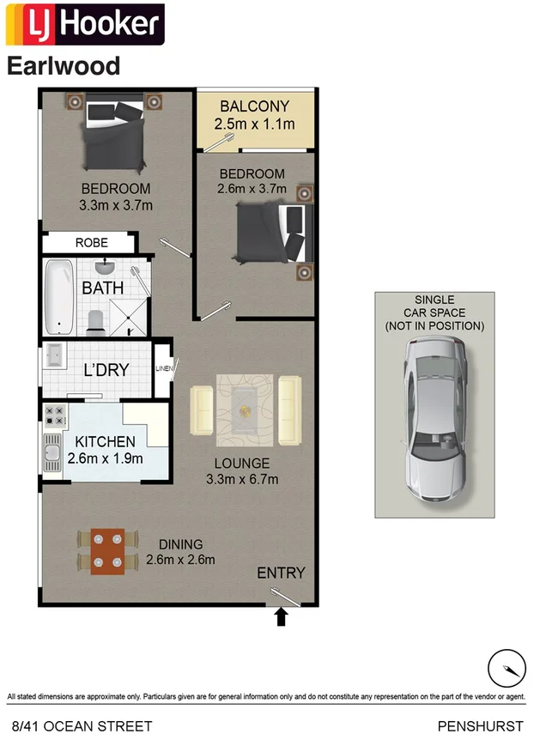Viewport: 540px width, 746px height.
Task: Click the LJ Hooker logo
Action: (84, 25)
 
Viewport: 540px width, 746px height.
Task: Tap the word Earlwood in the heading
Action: (64, 66)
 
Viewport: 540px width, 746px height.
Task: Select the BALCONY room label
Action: (254, 106)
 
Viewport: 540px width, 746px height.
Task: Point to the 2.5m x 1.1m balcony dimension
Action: (254, 124)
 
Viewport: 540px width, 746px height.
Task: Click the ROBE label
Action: (92, 243)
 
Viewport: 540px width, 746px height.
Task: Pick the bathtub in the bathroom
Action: (59, 296)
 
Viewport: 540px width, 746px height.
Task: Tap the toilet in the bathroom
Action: (96, 321)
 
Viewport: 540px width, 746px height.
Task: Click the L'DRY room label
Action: (106, 370)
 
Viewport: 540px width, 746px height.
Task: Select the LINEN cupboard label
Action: (163, 369)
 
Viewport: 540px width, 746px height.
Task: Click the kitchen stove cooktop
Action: (56, 416)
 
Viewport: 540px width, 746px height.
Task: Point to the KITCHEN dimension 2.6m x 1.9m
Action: (105, 458)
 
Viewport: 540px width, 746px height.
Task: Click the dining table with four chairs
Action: (107, 550)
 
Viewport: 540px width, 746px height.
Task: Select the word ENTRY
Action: (281, 573)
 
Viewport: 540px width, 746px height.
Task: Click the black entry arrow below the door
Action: (280, 617)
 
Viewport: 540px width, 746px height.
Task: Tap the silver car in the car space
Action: (435, 420)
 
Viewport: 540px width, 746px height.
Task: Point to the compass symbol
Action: (506, 668)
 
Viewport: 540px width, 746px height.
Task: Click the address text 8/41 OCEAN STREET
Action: (80, 726)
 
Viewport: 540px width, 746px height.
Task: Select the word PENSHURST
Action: (480, 726)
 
